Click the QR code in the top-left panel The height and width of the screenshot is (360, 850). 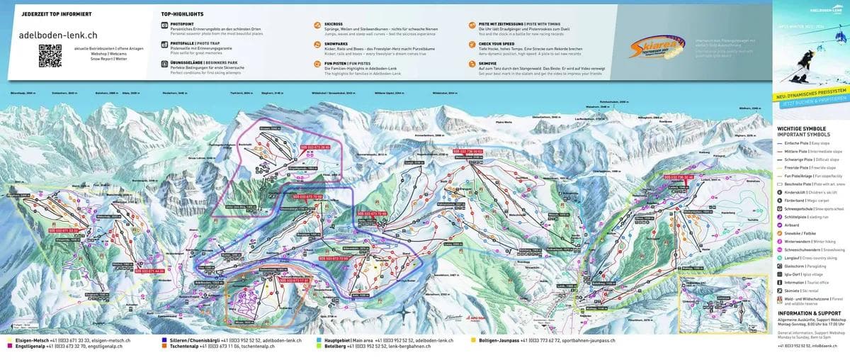[x=50, y=55]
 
